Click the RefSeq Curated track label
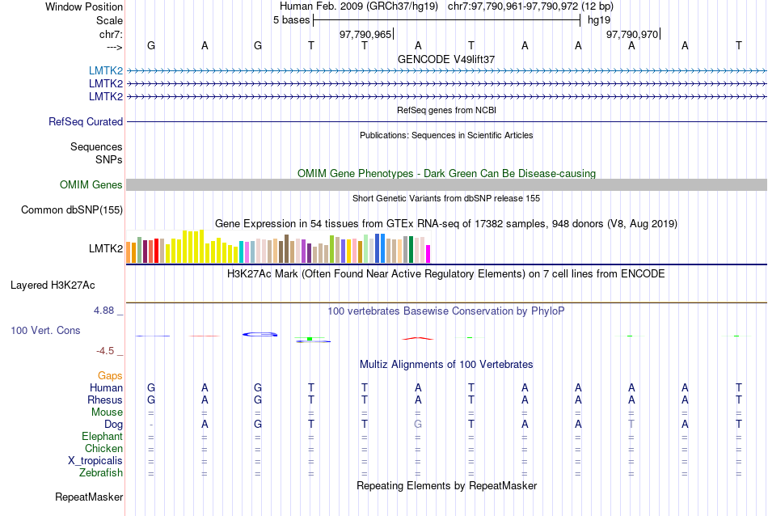pos(86,122)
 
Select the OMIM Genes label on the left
pos(91,185)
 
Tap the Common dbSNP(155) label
pos(71,210)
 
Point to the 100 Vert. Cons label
pos(46,331)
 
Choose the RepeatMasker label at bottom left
pos(89,497)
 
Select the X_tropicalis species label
pos(95,461)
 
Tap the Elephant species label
pos(102,437)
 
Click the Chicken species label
pos(103,449)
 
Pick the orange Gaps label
pos(110,376)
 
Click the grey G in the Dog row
pos(418,425)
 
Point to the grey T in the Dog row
pos(631,425)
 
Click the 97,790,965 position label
pos(365,34)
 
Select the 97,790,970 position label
pos(632,34)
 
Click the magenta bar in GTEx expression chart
pos(428,253)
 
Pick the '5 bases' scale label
pos(291,19)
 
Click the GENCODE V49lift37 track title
pos(446,59)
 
